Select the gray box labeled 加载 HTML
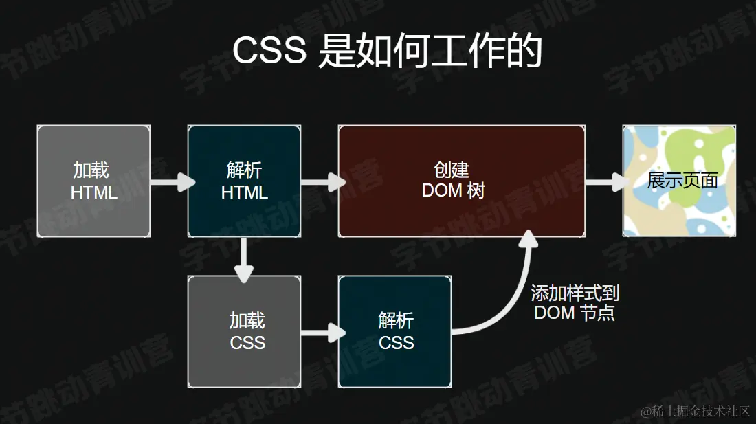(93, 181)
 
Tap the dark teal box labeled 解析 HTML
(244, 181)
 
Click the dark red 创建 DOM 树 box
(461, 181)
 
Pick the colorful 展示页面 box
(679, 181)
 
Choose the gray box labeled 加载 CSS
(244, 331)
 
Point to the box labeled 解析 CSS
(394, 331)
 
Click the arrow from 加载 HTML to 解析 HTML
(171, 182)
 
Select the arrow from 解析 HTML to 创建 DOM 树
(322, 182)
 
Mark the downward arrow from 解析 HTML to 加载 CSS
(244, 260)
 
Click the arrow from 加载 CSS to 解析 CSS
(322, 333)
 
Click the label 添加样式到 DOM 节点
(575, 303)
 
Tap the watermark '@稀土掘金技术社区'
(695, 411)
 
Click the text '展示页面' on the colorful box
(682, 181)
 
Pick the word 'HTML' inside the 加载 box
(93, 192)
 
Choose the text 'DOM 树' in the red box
(453, 190)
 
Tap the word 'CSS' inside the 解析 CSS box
(396, 342)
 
